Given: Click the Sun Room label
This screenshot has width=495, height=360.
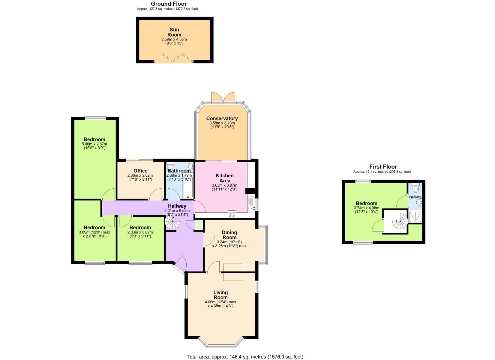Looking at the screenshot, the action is tap(174, 32).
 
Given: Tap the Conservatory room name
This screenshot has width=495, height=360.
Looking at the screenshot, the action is tap(222, 118).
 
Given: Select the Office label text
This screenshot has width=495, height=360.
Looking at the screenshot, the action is tap(140, 171).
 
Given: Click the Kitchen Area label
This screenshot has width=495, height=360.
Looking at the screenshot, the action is tap(225, 178).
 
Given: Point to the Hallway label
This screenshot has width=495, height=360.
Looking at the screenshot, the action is tap(177, 206).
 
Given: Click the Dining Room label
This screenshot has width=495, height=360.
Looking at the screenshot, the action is tap(229, 235).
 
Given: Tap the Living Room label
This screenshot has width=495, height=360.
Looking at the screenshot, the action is tap(221, 295).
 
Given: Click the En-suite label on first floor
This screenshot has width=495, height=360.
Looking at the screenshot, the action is tap(415, 197).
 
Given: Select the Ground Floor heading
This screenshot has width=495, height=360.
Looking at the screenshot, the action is tap(169, 4).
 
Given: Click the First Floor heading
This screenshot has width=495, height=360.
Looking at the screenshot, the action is tap(383, 167).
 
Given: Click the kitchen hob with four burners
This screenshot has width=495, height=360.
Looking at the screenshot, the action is tap(232, 214).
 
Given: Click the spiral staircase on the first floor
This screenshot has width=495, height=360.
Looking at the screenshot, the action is tap(400, 222).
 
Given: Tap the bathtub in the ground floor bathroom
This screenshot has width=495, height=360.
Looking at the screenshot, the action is tap(188, 187).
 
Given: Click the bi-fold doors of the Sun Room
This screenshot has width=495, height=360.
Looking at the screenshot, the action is tap(174, 58).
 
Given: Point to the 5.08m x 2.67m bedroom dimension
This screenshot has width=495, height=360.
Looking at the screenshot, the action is tap(94, 144).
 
